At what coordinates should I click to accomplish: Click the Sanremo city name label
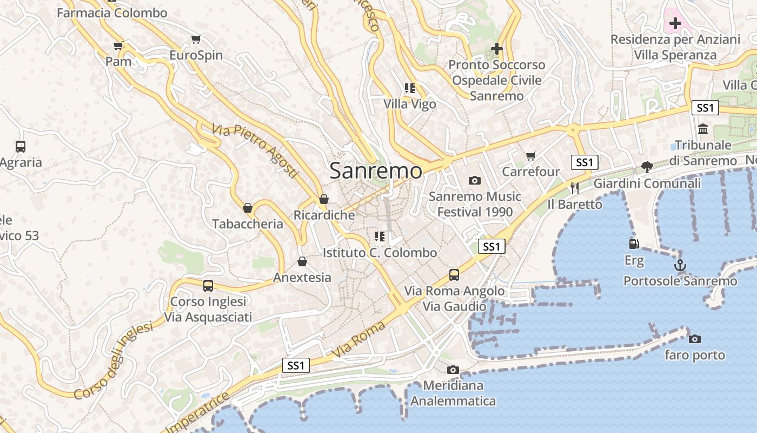376,170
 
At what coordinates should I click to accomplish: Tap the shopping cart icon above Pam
118,46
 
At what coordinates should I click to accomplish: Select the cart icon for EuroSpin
196,40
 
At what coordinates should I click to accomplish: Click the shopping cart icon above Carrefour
531,156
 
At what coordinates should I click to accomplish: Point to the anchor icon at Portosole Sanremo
680,265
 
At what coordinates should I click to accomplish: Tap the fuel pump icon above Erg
634,244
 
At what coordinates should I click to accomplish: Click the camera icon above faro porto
695,339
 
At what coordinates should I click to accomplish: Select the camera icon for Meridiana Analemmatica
453,370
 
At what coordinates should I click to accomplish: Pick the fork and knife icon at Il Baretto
574,188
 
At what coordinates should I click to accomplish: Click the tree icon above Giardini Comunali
647,167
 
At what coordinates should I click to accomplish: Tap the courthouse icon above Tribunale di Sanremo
703,129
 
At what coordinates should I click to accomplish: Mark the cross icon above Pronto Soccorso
496,49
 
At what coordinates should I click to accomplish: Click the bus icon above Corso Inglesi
208,285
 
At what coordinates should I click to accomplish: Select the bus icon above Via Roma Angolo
454,275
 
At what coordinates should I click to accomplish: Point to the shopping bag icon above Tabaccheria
248,208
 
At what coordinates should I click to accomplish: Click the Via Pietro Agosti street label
255,151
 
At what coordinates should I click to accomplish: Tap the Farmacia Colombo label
112,13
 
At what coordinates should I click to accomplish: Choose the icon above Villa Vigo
409,88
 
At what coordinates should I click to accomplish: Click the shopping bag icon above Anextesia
302,262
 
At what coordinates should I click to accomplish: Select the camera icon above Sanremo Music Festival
475,180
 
